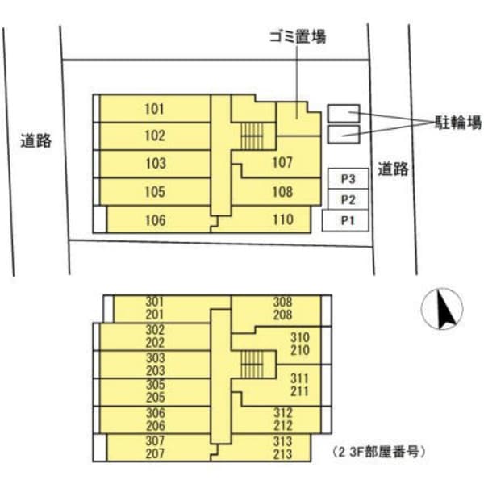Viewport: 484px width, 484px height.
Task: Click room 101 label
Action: pos(155,109)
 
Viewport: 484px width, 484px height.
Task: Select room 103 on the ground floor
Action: pos(155,164)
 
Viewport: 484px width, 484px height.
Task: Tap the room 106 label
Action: pos(155,219)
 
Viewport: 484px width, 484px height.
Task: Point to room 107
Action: pos(282,163)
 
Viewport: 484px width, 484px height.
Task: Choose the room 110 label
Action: pos(282,219)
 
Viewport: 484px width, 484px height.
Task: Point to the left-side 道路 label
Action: pos(36,140)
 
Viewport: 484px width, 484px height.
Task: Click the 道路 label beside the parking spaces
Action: pos(393,169)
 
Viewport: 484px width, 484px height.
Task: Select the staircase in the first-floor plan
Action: pos(252,134)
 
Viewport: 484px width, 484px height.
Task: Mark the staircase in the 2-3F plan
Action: pos(252,365)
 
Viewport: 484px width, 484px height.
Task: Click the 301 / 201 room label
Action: pos(155,308)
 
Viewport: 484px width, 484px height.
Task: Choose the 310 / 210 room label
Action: pos(299,343)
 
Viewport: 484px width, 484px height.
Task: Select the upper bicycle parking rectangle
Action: pos(343,114)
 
